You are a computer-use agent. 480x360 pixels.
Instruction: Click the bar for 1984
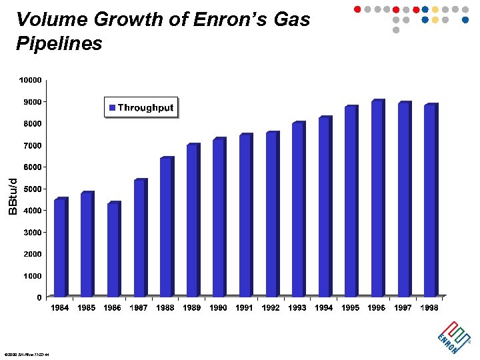[x=60, y=248]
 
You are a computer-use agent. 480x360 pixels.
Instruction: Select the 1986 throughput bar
[x=113, y=250]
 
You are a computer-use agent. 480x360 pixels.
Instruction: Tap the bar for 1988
[x=166, y=227]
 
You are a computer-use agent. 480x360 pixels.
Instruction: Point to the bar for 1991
[x=245, y=216]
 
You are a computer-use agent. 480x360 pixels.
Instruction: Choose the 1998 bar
[x=430, y=201]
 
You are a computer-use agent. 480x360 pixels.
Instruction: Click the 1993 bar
[x=298, y=210]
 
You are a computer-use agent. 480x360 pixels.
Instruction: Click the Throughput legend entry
[x=141, y=108]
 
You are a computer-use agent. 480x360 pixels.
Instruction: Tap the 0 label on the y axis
[x=39, y=297]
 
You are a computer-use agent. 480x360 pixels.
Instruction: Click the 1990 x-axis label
[x=218, y=308]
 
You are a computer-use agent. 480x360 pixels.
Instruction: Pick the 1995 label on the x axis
[x=351, y=308]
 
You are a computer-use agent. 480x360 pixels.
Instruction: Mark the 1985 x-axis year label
[x=86, y=308]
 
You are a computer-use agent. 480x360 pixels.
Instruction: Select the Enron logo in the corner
[x=449, y=335]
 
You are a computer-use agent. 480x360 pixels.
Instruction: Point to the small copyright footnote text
[x=27, y=354]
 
